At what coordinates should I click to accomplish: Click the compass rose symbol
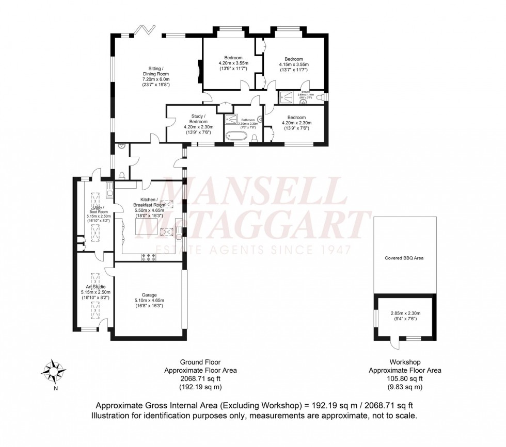54,371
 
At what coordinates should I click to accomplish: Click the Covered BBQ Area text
404,258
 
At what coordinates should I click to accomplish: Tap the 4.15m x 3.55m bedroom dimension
294,65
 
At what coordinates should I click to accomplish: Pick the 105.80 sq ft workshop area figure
405,378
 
